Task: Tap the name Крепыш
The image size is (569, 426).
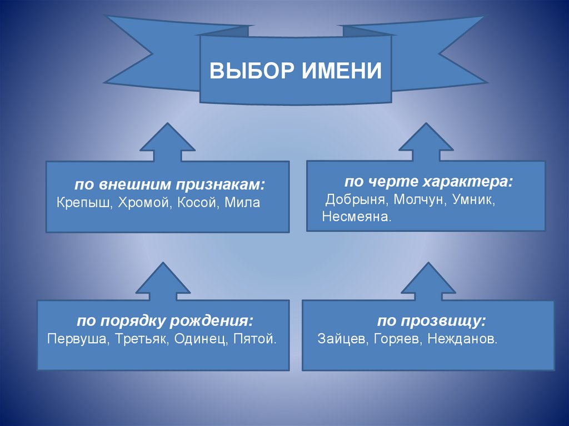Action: [x=84, y=203]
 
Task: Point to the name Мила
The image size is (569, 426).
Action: [x=243, y=203]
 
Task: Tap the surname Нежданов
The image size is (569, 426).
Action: [x=462, y=338]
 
